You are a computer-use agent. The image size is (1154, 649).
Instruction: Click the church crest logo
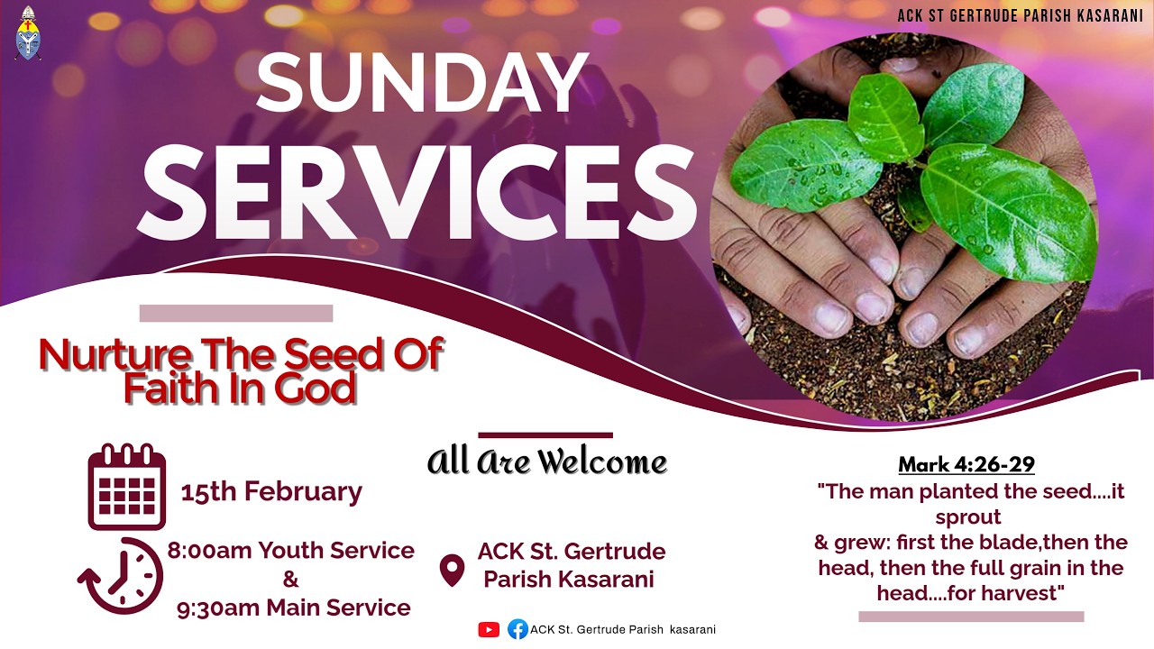[x=28, y=33]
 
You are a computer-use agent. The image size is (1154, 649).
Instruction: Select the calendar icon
[x=126, y=487]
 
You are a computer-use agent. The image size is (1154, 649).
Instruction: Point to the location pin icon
[x=451, y=569]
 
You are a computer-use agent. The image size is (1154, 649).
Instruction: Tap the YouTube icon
[x=489, y=630]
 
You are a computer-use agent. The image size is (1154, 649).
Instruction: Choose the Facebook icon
[x=517, y=630]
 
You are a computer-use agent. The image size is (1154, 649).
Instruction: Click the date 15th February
[x=271, y=491]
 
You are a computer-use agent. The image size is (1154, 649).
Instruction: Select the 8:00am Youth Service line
[x=291, y=550]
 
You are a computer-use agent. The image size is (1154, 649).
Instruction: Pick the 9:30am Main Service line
[x=294, y=608]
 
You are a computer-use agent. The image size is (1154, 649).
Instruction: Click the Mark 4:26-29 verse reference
[x=966, y=465]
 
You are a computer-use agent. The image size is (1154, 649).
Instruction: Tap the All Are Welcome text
[x=546, y=462]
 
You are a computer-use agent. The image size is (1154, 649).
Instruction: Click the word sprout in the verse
[x=968, y=517]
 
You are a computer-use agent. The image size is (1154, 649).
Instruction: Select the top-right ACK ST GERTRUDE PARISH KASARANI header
[x=1020, y=15]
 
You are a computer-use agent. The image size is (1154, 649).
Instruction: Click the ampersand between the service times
[x=290, y=579]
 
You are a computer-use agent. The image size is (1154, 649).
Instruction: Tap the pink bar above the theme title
[x=236, y=314]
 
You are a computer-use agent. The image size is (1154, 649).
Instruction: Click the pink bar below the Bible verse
[x=971, y=617]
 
